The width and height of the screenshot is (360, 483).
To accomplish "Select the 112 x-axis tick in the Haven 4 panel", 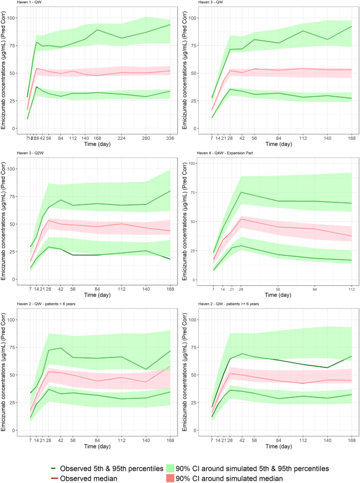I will coord(351,290).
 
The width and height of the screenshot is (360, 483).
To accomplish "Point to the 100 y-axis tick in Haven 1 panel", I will coord(15,18).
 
